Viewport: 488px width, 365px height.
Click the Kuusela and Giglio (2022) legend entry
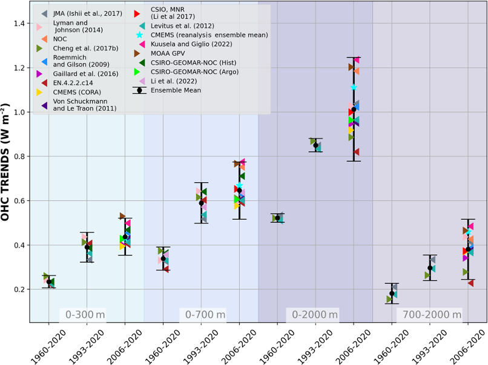point(190,44)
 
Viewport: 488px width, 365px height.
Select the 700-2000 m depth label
point(429,314)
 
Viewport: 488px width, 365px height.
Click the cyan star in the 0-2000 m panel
point(354,87)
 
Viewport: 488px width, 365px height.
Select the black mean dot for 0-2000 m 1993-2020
point(315,145)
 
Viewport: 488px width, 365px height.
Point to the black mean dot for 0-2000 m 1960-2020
point(277,218)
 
